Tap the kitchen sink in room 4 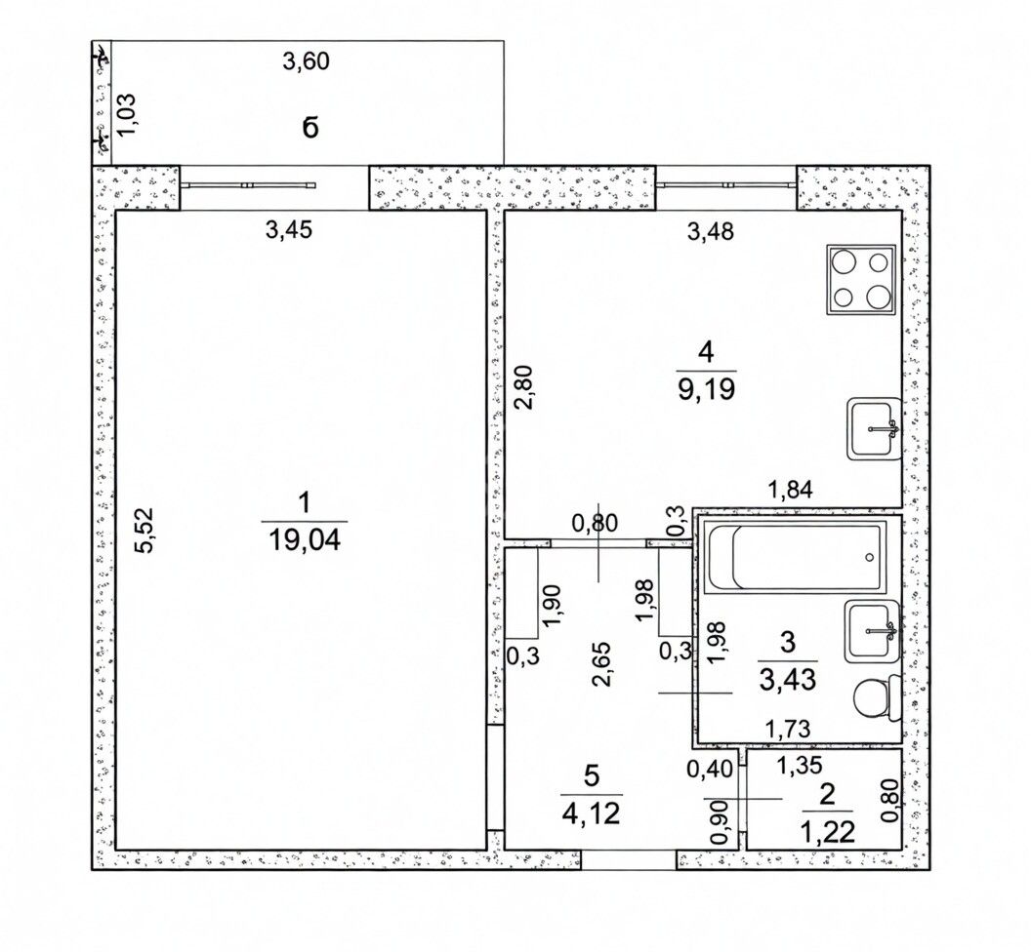point(873,428)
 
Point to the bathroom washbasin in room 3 point(873,631)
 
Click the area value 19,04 point(304,541)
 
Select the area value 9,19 point(706,390)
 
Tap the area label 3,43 point(788,680)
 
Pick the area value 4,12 point(591,814)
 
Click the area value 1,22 point(827,832)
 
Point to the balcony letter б point(310,128)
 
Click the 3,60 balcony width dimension point(305,61)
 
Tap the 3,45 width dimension point(288,230)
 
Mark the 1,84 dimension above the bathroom point(791,490)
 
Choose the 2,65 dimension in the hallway point(602,663)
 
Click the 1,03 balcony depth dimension point(126,114)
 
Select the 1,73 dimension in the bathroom point(788,728)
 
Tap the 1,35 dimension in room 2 point(799,766)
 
